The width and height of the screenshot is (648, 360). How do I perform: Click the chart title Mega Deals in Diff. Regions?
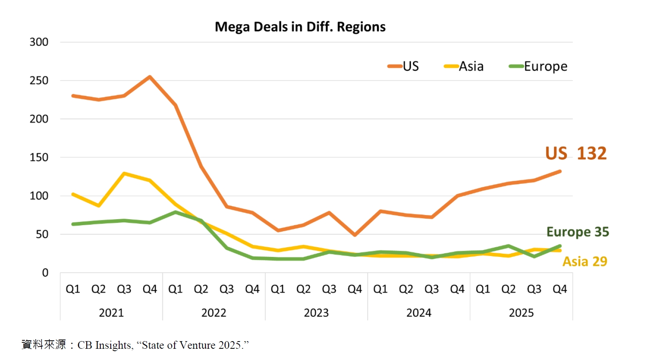coord(300,27)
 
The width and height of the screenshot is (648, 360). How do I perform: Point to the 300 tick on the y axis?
coord(39,42)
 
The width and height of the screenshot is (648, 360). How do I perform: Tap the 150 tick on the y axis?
coord(39,157)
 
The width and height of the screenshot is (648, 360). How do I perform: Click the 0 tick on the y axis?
coord(45,273)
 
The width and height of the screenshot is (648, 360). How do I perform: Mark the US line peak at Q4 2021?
coord(150,77)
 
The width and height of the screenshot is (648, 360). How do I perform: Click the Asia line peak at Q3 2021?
coord(124,174)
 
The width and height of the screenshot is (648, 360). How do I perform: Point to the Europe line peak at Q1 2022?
coord(176,212)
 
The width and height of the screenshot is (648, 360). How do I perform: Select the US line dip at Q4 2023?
coord(355,235)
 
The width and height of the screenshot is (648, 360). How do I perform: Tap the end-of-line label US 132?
coord(576,153)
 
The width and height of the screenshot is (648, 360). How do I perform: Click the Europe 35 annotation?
coord(577,232)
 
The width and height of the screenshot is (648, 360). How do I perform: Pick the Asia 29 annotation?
coord(585,262)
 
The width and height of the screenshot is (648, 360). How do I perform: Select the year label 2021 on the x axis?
coord(111,313)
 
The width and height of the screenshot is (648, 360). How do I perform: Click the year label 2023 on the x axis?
coord(316,313)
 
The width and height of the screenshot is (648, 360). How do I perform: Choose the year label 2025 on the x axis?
coord(521,313)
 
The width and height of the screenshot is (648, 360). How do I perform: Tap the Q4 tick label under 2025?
coord(560,289)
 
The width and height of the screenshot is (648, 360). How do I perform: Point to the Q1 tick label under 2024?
coord(380,289)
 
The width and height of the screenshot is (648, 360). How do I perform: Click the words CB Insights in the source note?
coord(105,345)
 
